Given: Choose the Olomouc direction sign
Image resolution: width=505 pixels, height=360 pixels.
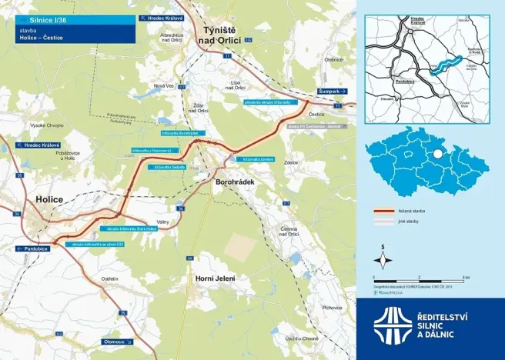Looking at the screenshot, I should (x=115, y=340).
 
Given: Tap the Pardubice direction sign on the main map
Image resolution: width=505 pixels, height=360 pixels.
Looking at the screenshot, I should (x=32, y=249).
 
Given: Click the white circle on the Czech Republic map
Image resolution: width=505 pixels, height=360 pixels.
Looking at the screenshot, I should (x=437, y=154).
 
